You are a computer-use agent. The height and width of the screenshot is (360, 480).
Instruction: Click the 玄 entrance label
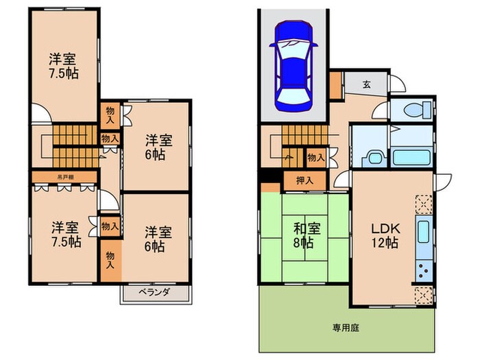click(366, 84)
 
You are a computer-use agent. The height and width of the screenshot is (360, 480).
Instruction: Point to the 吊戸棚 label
click(65, 176)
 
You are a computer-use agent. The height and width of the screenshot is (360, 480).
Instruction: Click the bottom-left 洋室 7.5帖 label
click(62, 233)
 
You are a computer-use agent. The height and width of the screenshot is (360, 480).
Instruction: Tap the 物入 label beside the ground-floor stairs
click(315, 158)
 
